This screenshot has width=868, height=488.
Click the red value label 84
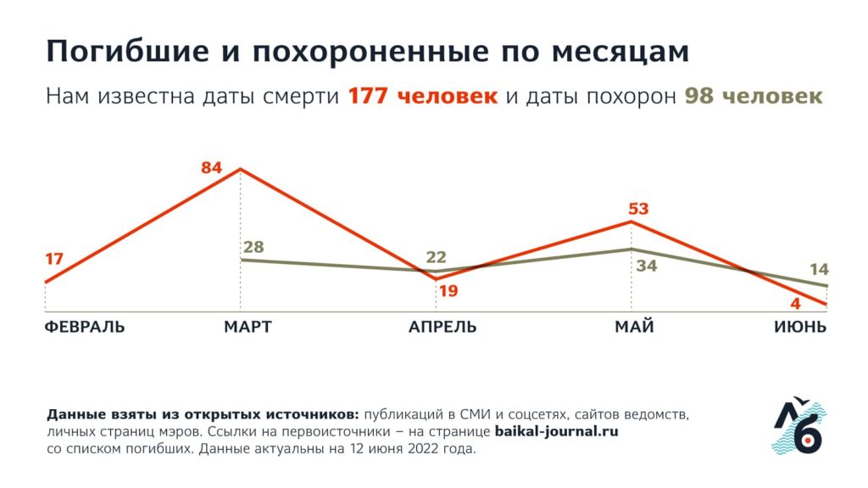(212, 167)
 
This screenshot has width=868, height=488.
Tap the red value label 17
(53, 259)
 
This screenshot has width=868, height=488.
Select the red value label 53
(638, 208)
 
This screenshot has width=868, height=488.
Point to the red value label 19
(448, 291)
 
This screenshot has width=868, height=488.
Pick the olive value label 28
(253, 248)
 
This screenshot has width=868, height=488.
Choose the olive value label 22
(436, 257)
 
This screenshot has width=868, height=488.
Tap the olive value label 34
(647, 266)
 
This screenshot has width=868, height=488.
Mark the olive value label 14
(819, 270)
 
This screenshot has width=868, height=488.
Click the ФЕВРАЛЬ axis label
(84, 328)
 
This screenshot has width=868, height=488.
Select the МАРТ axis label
(248, 328)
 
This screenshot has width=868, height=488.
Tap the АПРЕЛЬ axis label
(442, 328)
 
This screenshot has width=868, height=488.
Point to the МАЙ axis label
(634, 328)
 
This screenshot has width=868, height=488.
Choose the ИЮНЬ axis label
(799, 328)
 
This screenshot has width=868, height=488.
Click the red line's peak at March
(241, 170)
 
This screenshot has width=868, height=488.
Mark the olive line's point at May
(632, 249)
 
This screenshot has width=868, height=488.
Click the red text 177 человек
(422, 96)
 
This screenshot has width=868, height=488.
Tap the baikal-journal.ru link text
(556, 432)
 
